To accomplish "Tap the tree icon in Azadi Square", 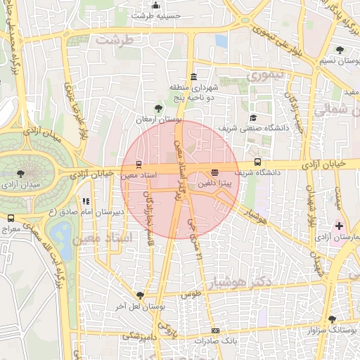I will [x=19, y=173].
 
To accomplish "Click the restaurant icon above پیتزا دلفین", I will [x=214, y=172].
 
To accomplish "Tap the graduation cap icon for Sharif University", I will [x=253, y=117].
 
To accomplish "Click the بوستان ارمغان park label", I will [x=159, y=120].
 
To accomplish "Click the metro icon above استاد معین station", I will [x=138, y=164].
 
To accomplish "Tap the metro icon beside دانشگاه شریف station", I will [x=257, y=162].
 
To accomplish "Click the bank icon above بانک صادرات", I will [x=215, y=330].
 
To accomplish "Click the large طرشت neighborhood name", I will [x=114, y=40].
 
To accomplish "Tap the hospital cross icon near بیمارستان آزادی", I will [x=340, y=226].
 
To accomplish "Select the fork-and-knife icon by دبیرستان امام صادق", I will [x=86, y=201].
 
